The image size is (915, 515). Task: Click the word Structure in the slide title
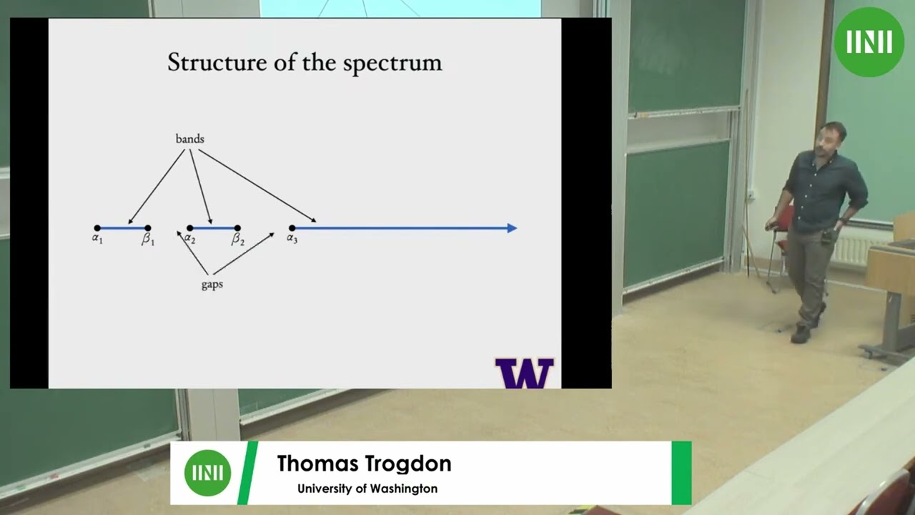(208, 63)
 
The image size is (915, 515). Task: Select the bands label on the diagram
(189, 139)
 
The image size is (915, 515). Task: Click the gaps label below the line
(212, 285)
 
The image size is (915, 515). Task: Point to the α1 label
(97, 238)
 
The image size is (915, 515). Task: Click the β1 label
(148, 240)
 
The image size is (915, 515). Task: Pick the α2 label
(189, 238)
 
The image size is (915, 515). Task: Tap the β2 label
(237, 240)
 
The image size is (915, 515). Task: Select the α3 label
(292, 238)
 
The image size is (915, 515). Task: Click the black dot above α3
(292, 228)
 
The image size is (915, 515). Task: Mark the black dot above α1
(97, 228)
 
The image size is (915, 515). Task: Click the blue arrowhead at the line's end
(512, 228)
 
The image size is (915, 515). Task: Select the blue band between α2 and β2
(213, 228)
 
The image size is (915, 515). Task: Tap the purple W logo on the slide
(525, 373)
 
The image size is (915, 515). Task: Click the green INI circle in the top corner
(869, 42)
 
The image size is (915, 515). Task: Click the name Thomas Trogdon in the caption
(364, 463)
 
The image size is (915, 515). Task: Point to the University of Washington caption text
(367, 489)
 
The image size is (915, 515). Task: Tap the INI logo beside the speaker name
(207, 473)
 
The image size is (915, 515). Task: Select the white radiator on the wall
(852, 247)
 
